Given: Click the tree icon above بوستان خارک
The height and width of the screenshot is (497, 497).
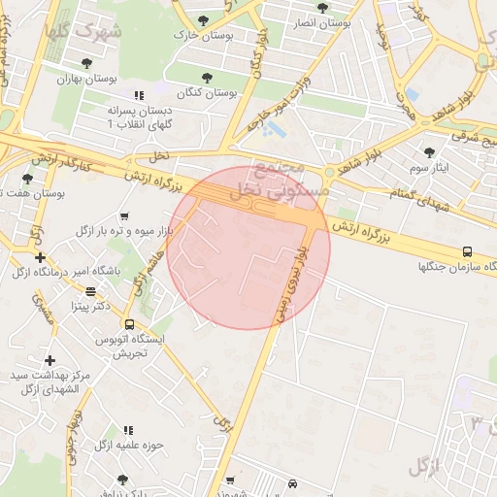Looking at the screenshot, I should pos(203,20).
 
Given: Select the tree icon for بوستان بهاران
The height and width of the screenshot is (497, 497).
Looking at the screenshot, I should pos(86,63).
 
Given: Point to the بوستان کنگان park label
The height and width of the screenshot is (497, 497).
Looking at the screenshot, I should pos(209,92).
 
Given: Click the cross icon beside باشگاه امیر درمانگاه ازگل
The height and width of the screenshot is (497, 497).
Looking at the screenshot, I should pos(39,257).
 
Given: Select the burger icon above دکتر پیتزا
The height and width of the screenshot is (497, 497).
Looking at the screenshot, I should pos(90,290).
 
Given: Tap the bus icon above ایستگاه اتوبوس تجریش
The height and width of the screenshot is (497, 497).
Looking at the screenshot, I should pos(128,321).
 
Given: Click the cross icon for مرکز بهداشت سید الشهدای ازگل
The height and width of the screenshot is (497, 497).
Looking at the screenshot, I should pos(49,360).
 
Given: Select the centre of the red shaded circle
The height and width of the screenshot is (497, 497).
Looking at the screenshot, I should pos(248,248).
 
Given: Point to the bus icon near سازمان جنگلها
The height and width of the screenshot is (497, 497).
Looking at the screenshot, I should pos(468,251).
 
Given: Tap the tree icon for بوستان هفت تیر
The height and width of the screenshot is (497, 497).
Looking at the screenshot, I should pos(27,178).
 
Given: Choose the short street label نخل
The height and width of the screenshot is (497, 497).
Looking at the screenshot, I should pos(159,155).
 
